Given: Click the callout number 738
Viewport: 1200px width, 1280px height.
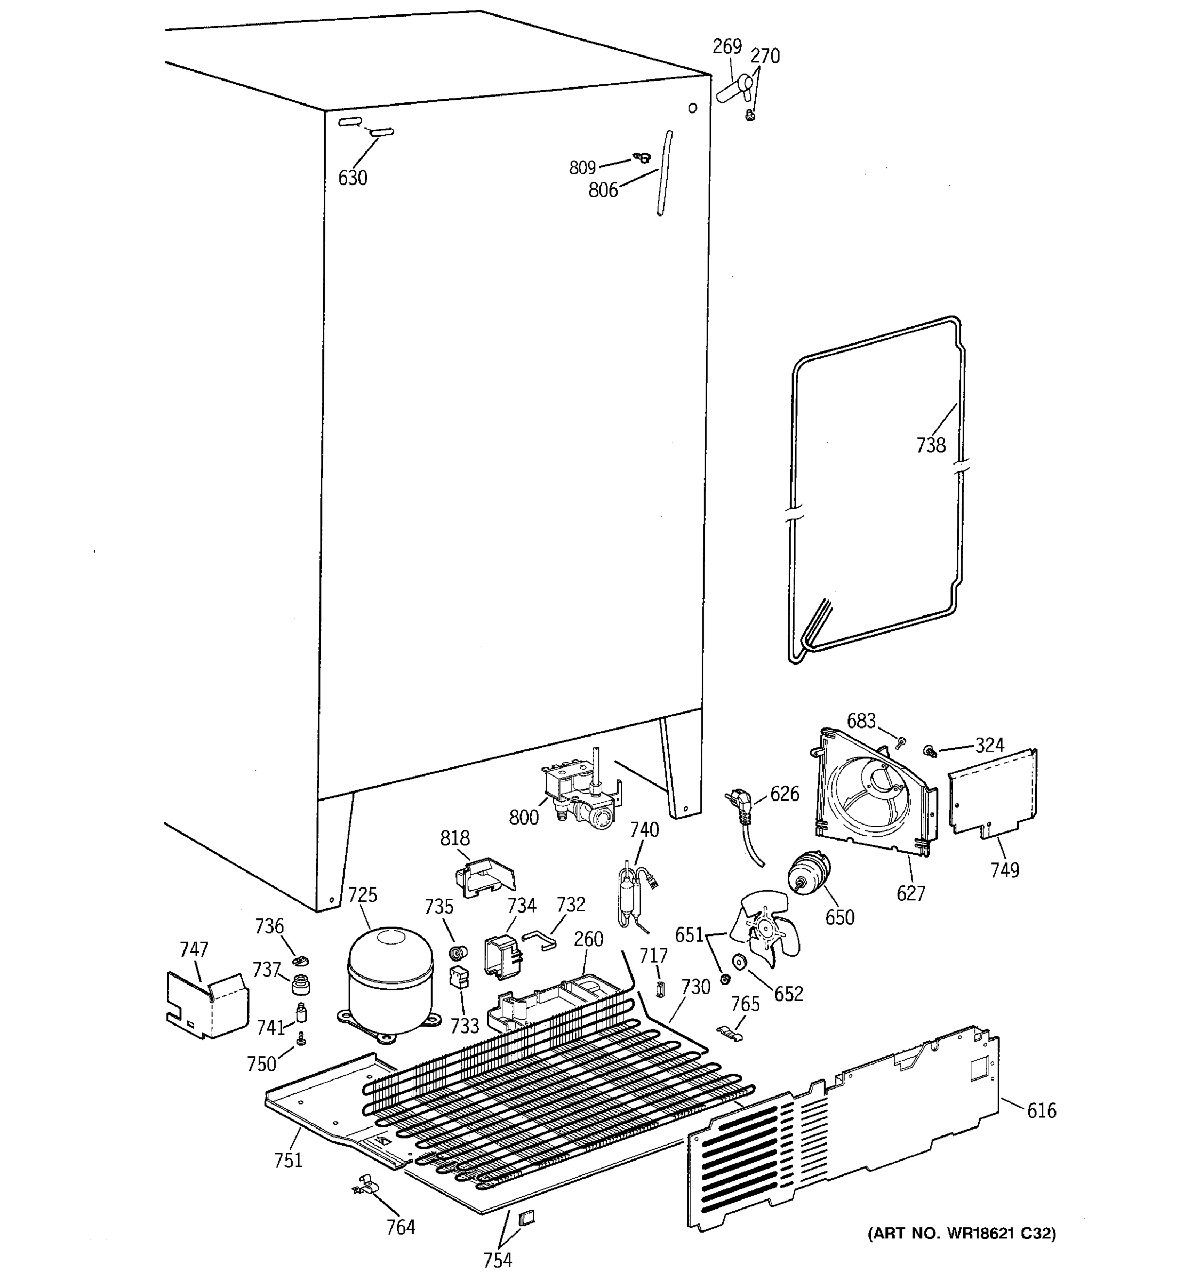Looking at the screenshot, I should (x=931, y=445).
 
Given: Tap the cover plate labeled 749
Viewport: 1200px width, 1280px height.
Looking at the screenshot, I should (x=993, y=792).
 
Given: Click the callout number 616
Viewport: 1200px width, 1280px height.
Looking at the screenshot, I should (x=1041, y=1110).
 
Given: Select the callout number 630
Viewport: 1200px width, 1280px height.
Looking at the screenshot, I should (x=353, y=178).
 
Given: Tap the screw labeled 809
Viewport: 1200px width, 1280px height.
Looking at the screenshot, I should (x=641, y=156).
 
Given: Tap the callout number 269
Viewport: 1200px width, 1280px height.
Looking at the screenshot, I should (x=727, y=46).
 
